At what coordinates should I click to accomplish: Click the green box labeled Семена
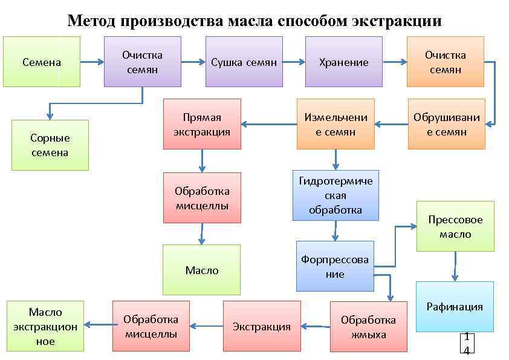(42, 62)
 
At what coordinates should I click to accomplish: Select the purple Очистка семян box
(142, 62)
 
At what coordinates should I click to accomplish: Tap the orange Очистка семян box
(445, 62)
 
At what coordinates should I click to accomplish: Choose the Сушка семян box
(244, 62)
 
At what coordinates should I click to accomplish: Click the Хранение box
(343, 62)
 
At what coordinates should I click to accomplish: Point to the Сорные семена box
(50, 145)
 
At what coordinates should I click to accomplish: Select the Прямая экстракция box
(202, 124)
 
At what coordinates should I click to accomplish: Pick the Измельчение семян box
(335, 124)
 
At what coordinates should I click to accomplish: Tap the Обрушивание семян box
(446, 124)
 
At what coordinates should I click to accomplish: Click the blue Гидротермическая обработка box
(336, 195)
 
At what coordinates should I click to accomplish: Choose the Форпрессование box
(334, 266)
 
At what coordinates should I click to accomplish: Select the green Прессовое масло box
(455, 226)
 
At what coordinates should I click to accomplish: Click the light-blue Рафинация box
(455, 307)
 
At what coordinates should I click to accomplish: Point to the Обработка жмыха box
(368, 327)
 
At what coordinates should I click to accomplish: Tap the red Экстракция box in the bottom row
(262, 327)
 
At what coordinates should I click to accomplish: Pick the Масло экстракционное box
(45, 327)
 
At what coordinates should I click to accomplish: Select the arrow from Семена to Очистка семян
(92, 62)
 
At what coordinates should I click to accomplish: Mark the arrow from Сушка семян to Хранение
(294, 62)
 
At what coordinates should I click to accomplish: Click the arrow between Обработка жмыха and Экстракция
(315, 327)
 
